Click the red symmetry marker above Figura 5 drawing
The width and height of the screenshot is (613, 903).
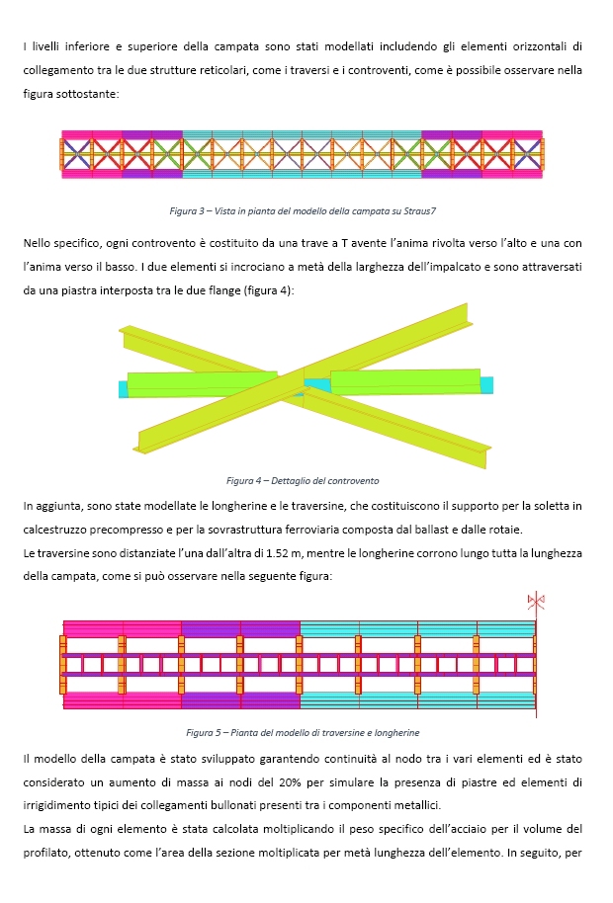[x=536, y=601]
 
